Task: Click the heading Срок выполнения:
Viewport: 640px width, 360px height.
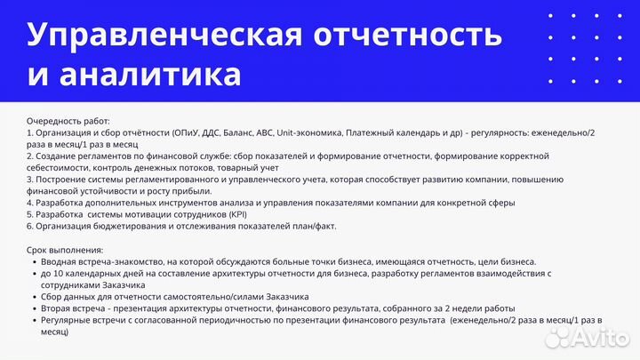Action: point(65,250)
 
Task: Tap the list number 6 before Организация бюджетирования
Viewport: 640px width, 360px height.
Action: point(30,227)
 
